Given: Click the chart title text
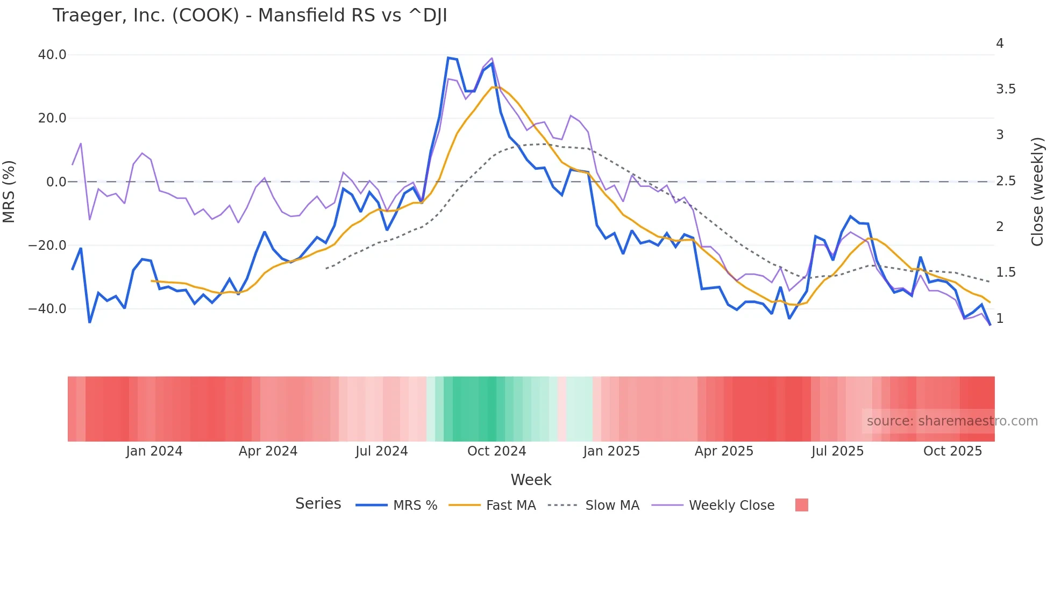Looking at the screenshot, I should [x=250, y=16].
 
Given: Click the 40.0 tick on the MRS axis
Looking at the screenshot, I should [x=52, y=55].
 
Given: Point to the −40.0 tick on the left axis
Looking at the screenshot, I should [x=48, y=309].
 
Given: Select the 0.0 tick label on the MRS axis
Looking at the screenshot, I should [x=56, y=182].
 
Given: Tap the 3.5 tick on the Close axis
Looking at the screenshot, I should [x=1006, y=89].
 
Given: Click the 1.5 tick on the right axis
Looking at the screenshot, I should [x=1006, y=272].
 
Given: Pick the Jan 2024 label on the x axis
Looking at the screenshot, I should [x=154, y=451].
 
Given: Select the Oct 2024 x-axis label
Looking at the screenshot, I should [x=496, y=451].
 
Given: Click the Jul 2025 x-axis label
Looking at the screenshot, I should [x=837, y=451].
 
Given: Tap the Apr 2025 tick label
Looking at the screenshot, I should [x=724, y=451].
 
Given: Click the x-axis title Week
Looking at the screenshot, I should [x=531, y=480].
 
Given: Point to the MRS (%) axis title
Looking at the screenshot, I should [x=9, y=192].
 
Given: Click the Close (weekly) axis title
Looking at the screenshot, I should [x=1037, y=192].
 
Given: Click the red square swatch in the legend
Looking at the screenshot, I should [x=801, y=505].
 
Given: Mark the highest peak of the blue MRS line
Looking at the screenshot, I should [x=448, y=57].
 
